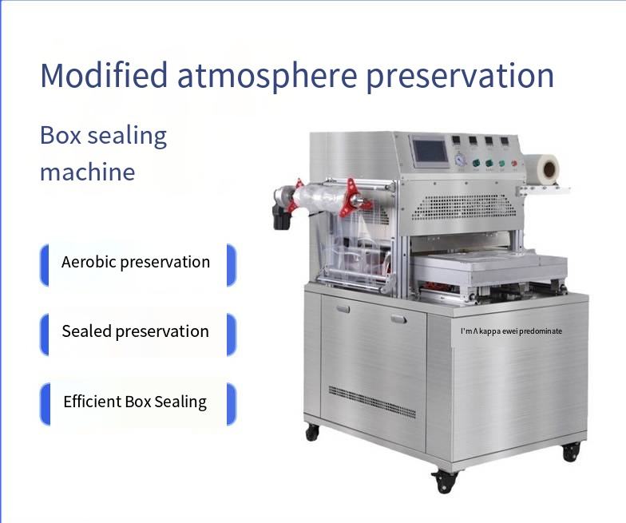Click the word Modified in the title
pyautogui.click(x=104, y=75)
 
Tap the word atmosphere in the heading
pyautogui.click(x=267, y=76)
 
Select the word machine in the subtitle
pyautogui.click(x=88, y=172)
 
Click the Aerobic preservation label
pyautogui.click(x=136, y=262)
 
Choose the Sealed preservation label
pyautogui.click(x=136, y=331)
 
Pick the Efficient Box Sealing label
pyautogui.click(x=135, y=401)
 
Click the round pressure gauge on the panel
pyautogui.click(x=460, y=160)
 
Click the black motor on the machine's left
pyautogui.click(x=281, y=216)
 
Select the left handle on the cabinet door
pyautogui.click(x=343, y=308)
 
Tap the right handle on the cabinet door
pyautogui.click(x=399, y=319)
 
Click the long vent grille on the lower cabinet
pyautogui.click(x=372, y=401)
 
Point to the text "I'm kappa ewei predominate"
pyautogui.click(x=511, y=331)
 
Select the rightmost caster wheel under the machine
pyautogui.click(x=571, y=453)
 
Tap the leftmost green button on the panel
pyautogui.click(x=476, y=163)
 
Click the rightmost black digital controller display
pyautogui.click(x=505, y=141)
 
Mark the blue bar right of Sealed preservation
pyautogui.click(x=232, y=335)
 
